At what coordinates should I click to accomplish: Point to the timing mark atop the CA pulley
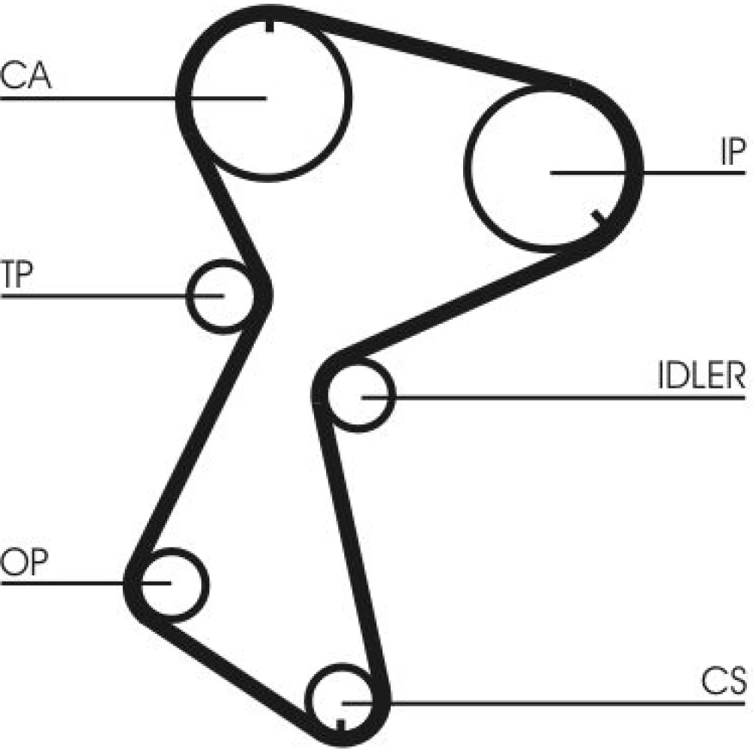269,25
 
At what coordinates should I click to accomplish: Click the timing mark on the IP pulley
599,217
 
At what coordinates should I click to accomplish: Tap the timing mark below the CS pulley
340,725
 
